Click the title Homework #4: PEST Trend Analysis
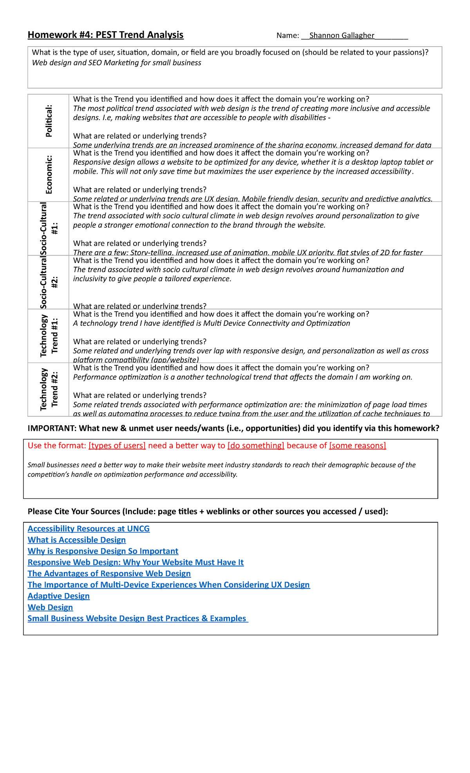[105, 35]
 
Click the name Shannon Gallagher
[342, 36]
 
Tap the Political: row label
[49, 121]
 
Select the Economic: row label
[49, 174]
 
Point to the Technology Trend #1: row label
[49, 336]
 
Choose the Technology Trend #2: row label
[49, 390]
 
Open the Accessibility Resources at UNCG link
[89, 529]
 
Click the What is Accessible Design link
[77, 540]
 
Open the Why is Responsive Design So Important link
[103, 551]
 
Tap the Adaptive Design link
[59, 596]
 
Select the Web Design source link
[50, 607]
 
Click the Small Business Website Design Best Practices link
[137, 618]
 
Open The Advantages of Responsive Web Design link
[109, 573]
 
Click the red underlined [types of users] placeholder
[117, 446]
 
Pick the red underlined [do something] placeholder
[256, 446]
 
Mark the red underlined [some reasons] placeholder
[358, 446]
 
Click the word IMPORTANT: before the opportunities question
[52, 428]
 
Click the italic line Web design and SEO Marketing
[117, 63]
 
